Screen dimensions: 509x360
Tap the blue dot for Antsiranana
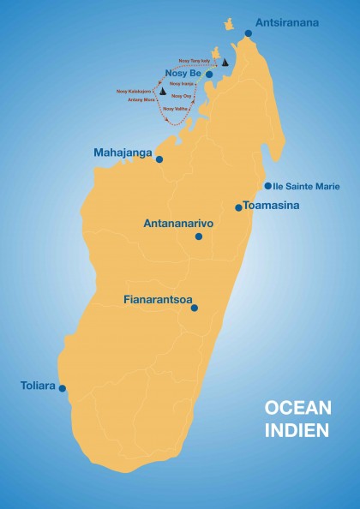[248, 33]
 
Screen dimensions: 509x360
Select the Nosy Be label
[183, 74]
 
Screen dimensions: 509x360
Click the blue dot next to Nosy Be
[209, 75]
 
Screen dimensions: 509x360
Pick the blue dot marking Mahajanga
[159, 159]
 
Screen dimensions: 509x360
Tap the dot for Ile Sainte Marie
[267, 185]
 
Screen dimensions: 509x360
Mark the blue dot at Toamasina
[239, 207]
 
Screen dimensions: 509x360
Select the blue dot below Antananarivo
[199, 237]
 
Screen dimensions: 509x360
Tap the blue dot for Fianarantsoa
[195, 308]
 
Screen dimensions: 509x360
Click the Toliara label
[38, 386]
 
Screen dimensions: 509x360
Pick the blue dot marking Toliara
[62, 388]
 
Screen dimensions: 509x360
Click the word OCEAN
[296, 409]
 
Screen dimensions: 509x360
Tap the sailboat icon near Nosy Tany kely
[225, 62]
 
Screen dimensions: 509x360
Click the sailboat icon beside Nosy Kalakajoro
[162, 91]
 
